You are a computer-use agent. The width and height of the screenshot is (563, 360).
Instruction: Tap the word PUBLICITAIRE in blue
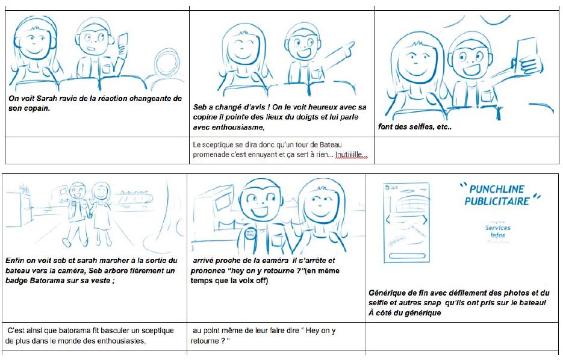point(497,201)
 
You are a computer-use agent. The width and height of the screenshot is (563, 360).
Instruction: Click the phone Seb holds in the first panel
point(124,40)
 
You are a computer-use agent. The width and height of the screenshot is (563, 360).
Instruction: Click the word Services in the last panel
point(497,228)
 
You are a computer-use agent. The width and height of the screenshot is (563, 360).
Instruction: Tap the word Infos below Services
point(497,235)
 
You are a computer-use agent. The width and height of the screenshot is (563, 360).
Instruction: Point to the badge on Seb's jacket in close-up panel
point(249,234)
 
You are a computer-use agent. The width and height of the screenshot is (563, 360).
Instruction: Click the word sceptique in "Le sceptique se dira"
point(220,145)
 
